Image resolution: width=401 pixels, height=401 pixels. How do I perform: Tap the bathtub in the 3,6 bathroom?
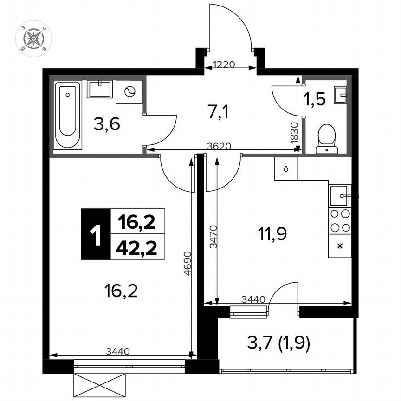tap(68, 115)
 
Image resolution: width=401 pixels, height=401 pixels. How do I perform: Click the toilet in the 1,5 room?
tap(327, 138)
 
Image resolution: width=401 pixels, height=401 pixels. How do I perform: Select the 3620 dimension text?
tap(219, 146)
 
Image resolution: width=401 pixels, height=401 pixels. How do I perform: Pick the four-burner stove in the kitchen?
tap(340, 221)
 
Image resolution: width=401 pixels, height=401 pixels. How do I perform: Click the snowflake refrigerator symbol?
tap(340, 246)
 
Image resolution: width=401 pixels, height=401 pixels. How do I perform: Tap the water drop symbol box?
tap(286, 169)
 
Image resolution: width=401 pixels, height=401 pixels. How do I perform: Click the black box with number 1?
tap(96, 234)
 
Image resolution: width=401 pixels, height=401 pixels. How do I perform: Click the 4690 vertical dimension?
tap(187, 264)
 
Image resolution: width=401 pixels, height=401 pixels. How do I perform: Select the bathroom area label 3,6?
tap(107, 124)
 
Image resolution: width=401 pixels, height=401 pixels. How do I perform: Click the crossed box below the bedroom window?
tap(100, 385)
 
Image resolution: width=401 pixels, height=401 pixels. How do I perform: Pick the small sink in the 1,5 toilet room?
tap(343, 95)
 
